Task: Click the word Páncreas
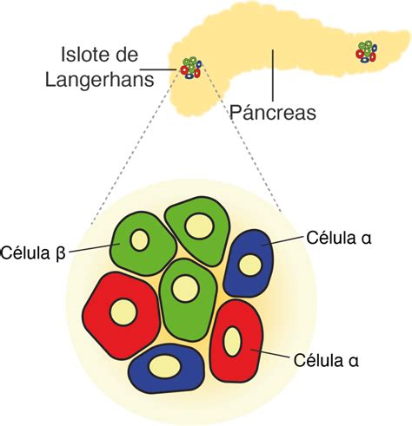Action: pyautogui.click(x=272, y=112)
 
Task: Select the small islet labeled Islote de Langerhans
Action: pyautogui.click(x=191, y=68)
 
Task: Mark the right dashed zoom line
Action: pyautogui.click(x=249, y=147)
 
